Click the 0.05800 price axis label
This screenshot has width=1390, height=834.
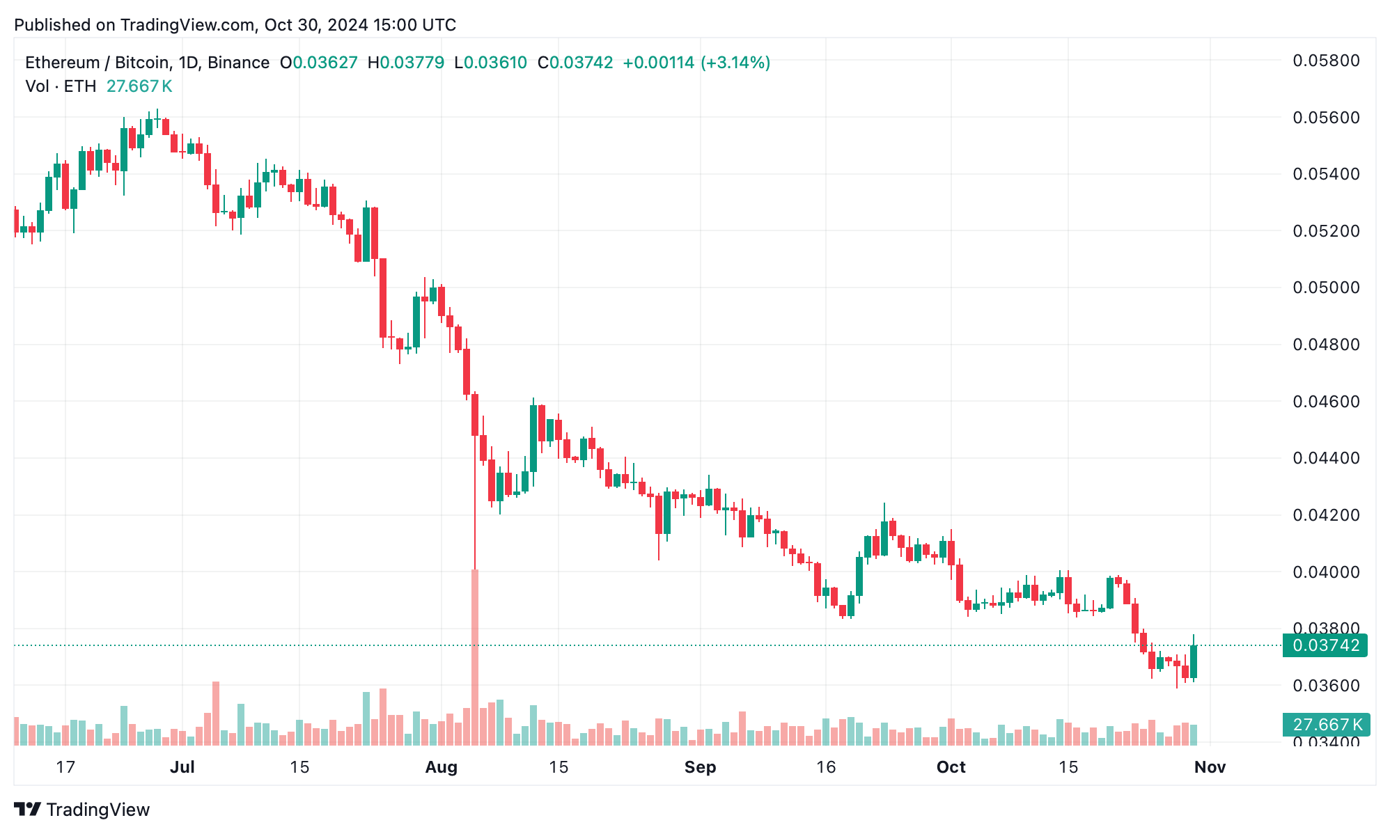(x=1325, y=61)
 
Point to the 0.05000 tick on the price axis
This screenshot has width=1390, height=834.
(x=1325, y=288)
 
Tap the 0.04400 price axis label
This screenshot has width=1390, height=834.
(x=1325, y=458)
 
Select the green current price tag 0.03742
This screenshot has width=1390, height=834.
(x=1325, y=645)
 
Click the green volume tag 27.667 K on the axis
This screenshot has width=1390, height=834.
(x=1327, y=725)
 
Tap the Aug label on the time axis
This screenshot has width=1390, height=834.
(x=441, y=767)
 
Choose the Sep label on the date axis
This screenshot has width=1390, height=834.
(x=700, y=767)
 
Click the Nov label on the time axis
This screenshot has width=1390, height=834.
(x=1210, y=767)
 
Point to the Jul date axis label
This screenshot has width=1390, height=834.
(x=182, y=767)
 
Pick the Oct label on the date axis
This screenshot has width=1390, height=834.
(x=951, y=767)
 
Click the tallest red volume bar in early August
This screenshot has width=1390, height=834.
(x=475, y=657)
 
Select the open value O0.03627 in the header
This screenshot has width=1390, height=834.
(x=319, y=63)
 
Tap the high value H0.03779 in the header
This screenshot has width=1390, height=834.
(x=406, y=63)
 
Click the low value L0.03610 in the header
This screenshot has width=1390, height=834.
(x=491, y=63)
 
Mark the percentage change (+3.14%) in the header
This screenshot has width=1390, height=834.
(x=735, y=63)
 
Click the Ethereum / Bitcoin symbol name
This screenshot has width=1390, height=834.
(x=97, y=63)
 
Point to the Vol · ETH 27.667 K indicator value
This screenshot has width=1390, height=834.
(x=139, y=86)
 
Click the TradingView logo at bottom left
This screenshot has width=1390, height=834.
(x=82, y=810)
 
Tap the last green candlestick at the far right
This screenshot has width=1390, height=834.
(x=1194, y=661)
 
